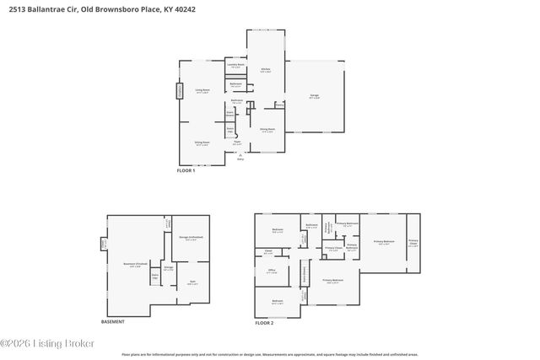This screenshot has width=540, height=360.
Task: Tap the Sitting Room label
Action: coord(202,144)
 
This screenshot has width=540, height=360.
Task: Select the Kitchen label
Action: coord(264,70)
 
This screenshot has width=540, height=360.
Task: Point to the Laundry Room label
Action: coord(235,65)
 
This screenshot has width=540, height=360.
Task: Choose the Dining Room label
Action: coord(267,130)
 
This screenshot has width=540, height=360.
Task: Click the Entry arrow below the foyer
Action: coord(240,156)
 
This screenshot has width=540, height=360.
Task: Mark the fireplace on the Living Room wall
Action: coord(179,90)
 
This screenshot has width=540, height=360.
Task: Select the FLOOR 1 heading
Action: coord(185,171)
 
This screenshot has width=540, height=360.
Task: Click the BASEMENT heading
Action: coord(112,321)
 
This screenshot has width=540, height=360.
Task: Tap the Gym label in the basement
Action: coord(192,282)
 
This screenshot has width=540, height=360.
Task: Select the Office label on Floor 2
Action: coord(272,271)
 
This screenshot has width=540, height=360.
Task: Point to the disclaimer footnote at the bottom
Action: coord(269,355)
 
